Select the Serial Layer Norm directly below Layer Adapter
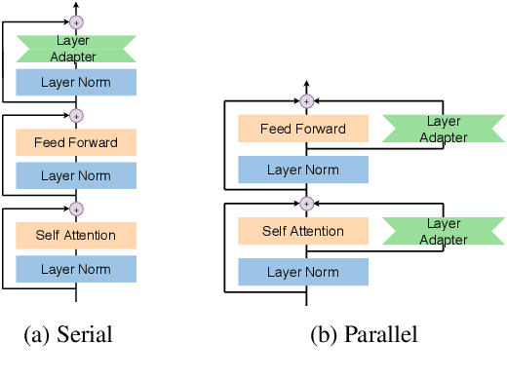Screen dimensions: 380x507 click(76, 82)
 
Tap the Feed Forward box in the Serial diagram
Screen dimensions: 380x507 click(76, 143)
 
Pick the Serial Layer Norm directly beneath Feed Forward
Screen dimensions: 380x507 click(76, 175)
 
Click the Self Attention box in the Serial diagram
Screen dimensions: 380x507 click(76, 235)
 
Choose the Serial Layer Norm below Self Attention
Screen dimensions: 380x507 click(76, 269)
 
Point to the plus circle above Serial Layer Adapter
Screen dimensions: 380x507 click(76, 19)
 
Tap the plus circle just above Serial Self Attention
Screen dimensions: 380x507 click(76, 208)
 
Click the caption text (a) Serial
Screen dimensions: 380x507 click(68, 336)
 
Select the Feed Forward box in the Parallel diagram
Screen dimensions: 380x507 click(303, 129)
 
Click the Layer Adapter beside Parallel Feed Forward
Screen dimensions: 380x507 click(443, 129)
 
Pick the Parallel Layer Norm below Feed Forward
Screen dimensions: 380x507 click(303, 170)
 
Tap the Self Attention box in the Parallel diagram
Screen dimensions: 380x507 click(303, 231)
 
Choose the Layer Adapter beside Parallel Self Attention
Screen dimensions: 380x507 click(443, 231)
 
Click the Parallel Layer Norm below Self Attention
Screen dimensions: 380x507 click(303, 272)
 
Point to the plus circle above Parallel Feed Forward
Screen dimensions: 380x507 click(306, 100)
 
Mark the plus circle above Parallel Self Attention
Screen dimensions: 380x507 click(306, 203)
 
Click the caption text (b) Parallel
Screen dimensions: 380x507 click(364, 336)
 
